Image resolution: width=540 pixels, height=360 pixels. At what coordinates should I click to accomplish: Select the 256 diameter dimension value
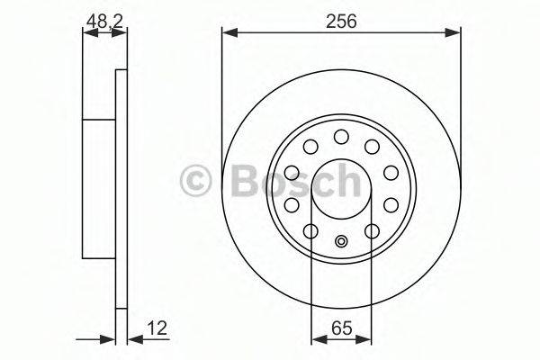(x=342, y=19)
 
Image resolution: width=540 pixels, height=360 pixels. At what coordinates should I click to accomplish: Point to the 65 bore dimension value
(x=341, y=328)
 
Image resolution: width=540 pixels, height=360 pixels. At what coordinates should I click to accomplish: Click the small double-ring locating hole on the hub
(x=341, y=240)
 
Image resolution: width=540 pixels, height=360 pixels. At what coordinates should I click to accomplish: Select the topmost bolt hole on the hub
(x=341, y=137)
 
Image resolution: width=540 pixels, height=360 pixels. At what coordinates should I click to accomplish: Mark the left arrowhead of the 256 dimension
(x=228, y=33)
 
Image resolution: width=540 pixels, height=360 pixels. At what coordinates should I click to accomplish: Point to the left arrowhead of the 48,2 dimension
(x=87, y=33)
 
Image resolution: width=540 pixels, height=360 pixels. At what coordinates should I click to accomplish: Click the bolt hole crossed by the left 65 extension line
(x=310, y=231)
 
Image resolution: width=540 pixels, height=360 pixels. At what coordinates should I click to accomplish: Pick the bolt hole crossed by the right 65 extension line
(x=371, y=231)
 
